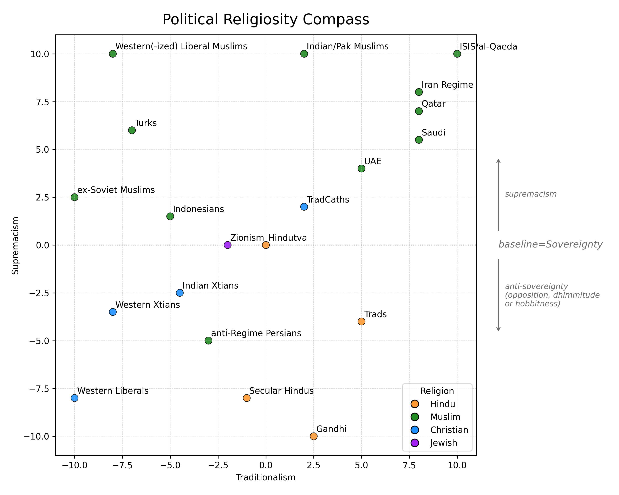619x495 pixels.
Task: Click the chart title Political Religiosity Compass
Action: (x=266, y=20)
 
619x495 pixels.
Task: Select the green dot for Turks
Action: (x=132, y=130)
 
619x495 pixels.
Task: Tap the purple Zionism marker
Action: (x=227, y=245)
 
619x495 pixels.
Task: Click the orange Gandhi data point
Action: (x=313, y=436)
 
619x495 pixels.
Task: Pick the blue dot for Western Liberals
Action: (x=74, y=398)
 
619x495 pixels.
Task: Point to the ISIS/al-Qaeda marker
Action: (x=457, y=54)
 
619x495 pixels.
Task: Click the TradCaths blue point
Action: (x=304, y=207)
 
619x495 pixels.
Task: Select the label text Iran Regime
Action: (x=447, y=85)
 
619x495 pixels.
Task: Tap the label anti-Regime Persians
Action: (x=256, y=334)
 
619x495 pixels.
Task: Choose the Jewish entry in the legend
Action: (x=443, y=443)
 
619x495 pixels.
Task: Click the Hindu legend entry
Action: (x=442, y=404)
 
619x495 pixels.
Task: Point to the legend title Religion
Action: (x=437, y=391)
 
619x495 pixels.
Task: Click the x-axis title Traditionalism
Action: (x=266, y=477)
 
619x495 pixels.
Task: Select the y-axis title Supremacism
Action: (x=15, y=246)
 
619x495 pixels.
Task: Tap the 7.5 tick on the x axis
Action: (x=409, y=465)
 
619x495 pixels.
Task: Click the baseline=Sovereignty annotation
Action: (x=550, y=244)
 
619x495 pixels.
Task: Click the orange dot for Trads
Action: (x=361, y=321)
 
